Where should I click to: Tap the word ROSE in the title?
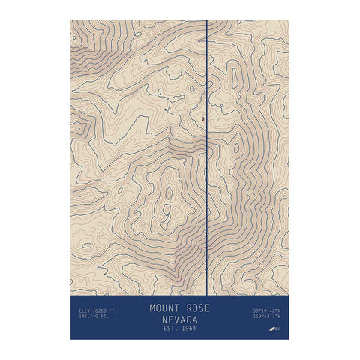197,308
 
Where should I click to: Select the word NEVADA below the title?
180,319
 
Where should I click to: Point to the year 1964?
190,329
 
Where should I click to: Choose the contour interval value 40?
94,316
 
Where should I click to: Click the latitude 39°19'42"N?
267,310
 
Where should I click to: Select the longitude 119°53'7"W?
267,316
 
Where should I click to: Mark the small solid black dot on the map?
165,109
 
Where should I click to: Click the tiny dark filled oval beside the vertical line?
203,118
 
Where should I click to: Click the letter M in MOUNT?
152,308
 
